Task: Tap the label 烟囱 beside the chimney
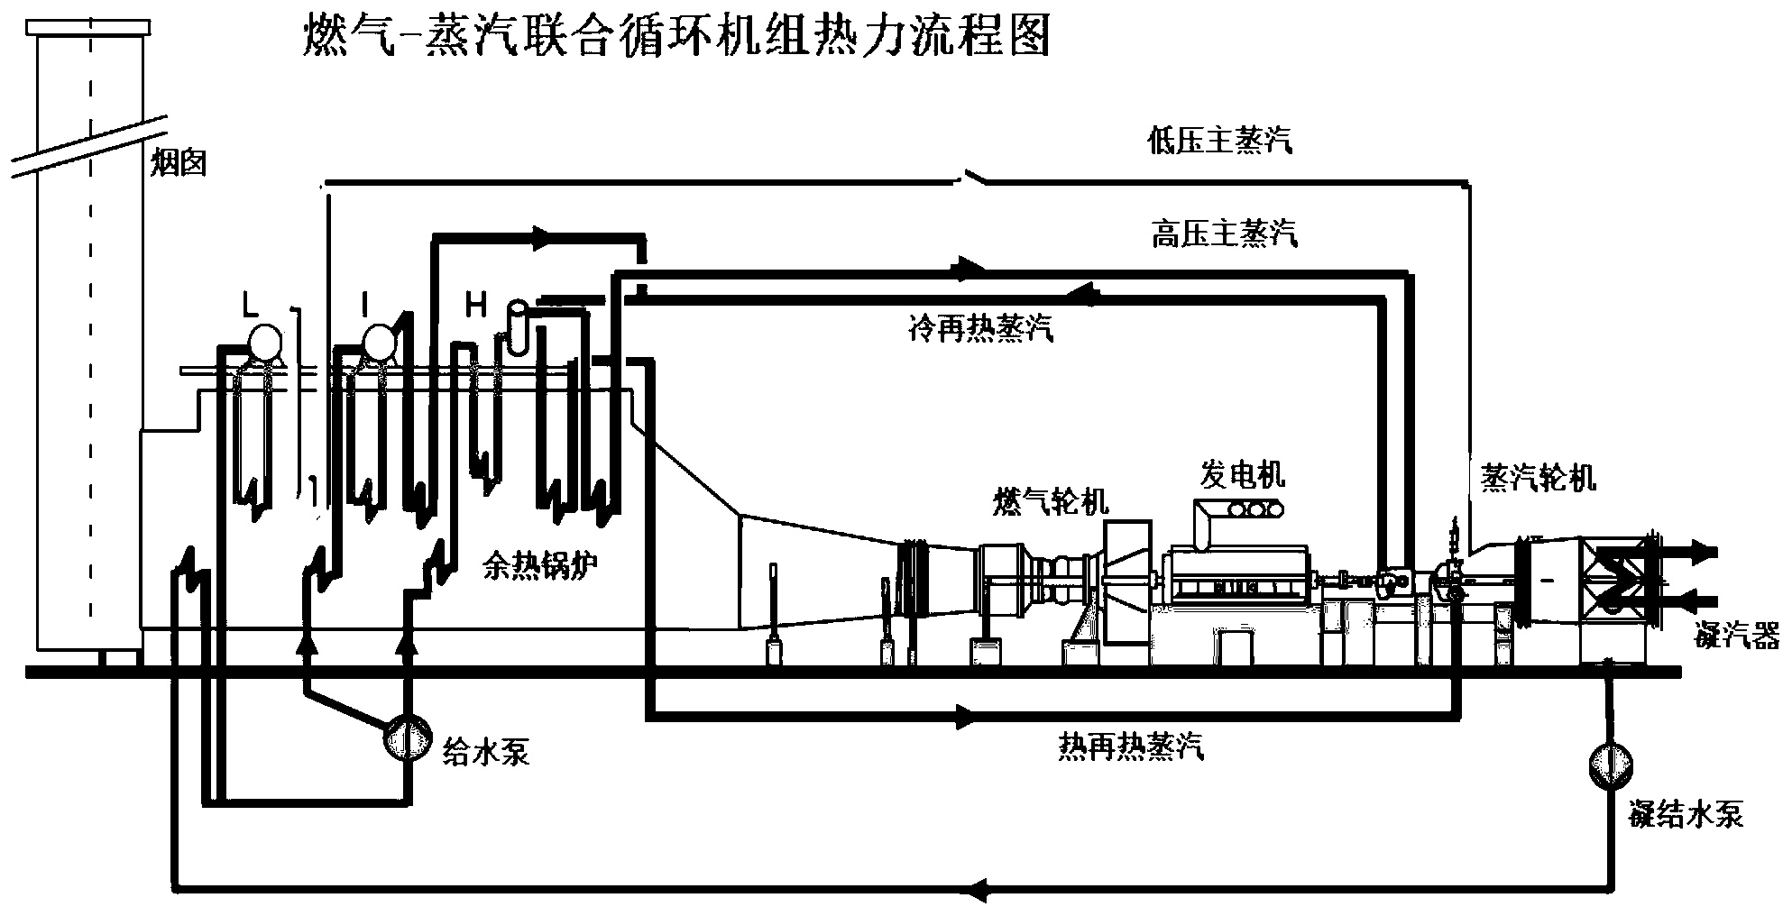tap(179, 162)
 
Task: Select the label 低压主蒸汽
tap(1219, 142)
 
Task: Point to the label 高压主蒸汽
tap(1225, 234)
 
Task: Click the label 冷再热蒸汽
tap(980, 329)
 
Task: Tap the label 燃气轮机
tap(1050, 501)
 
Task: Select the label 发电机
tap(1242, 473)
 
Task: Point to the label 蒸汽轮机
tap(1538, 478)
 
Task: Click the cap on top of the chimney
tap(89, 27)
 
